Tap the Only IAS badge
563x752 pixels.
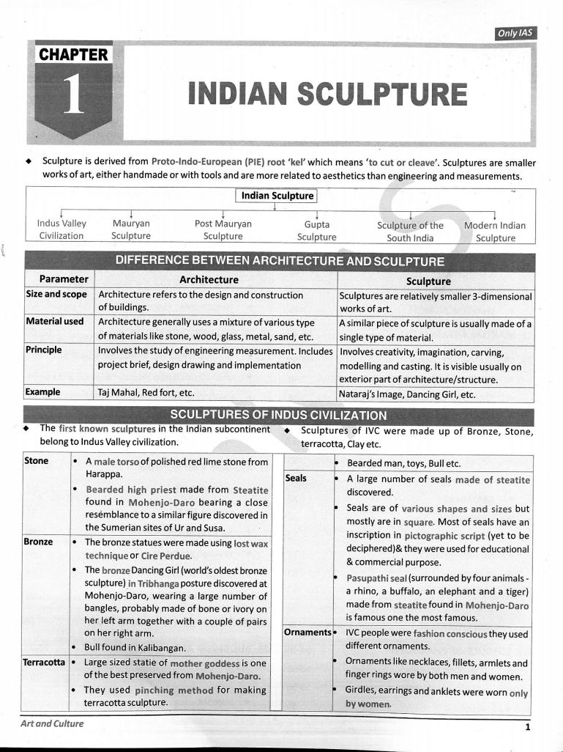[x=516, y=33]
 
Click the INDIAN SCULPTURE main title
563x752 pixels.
[x=327, y=95]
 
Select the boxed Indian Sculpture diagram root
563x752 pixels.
[x=277, y=196]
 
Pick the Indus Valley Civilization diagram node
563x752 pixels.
[x=61, y=229]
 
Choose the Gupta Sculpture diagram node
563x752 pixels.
[x=316, y=230]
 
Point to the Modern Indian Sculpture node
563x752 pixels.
[x=495, y=231]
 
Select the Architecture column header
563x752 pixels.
[x=209, y=279]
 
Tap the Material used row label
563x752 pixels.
[x=55, y=321]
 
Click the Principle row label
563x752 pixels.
[x=43, y=350]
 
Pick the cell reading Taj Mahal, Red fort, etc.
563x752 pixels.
[x=146, y=393]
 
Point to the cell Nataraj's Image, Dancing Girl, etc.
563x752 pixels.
[x=407, y=394]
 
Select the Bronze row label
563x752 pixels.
[x=40, y=542]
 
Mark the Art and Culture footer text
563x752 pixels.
[x=52, y=723]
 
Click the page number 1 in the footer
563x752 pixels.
[x=526, y=727]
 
